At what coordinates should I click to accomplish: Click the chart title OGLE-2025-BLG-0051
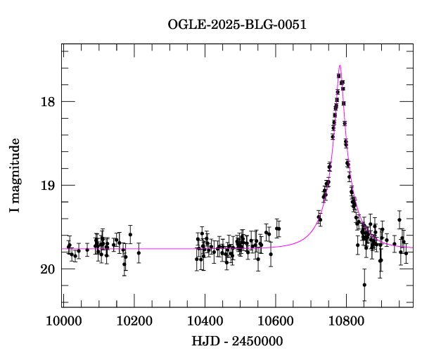click(x=237, y=25)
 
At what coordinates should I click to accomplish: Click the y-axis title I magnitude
click(x=15, y=176)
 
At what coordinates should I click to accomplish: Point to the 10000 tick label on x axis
click(x=63, y=322)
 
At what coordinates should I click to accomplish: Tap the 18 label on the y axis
click(x=48, y=101)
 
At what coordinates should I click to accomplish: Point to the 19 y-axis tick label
click(x=48, y=185)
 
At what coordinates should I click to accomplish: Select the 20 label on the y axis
click(x=48, y=269)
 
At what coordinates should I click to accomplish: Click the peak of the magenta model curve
click(x=340, y=65)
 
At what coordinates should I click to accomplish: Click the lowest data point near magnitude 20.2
click(x=364, y=285)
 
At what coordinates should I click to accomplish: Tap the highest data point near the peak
click(x=339, y=76)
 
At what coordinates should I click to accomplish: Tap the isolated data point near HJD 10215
click(x=139, y=252)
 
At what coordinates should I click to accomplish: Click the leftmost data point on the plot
click(x=68, y=246)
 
